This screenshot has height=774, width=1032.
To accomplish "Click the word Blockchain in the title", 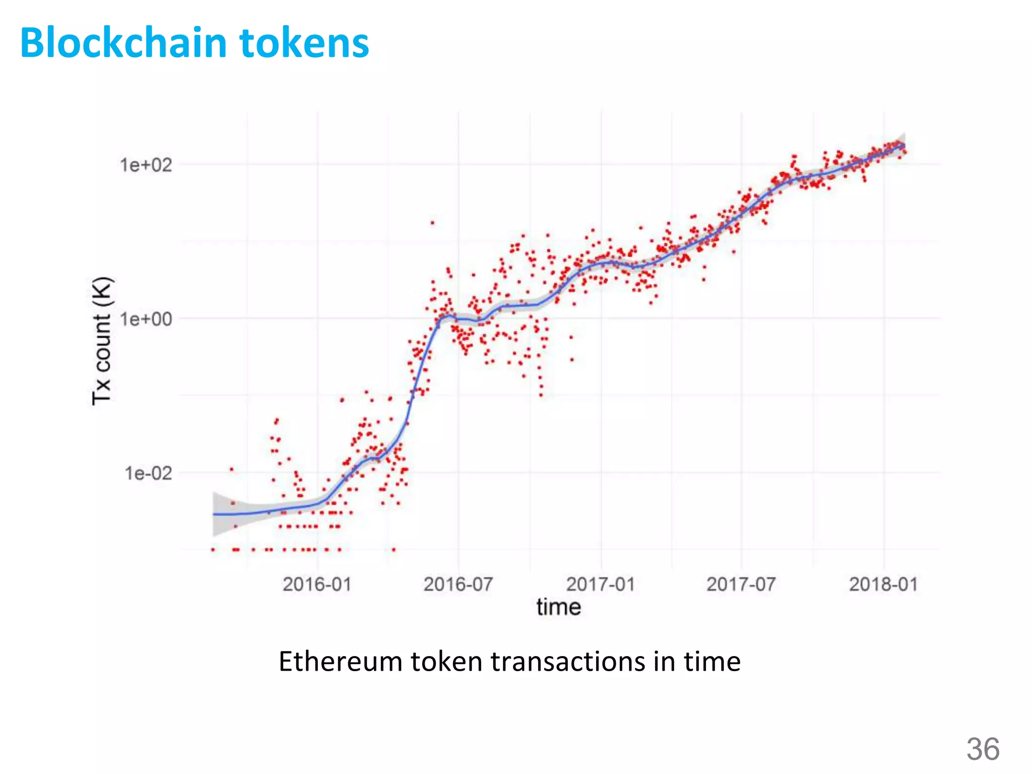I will point(123,43).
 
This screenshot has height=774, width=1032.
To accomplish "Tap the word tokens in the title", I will point(304,43).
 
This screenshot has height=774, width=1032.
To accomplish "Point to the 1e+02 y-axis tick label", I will point(146,165).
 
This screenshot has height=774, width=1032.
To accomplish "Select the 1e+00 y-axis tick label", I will point(146,319).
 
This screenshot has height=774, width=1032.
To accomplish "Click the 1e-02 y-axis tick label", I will point(148,474).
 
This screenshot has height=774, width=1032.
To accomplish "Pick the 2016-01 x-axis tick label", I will point(317,585).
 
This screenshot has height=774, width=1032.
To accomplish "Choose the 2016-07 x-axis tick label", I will point(458,585).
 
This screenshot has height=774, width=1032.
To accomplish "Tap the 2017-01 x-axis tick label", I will point(601,585).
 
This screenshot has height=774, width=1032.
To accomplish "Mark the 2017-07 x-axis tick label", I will point(741,585).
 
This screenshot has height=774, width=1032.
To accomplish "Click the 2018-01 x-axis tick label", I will point(884,585).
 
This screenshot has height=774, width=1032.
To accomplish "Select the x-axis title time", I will point(559,607).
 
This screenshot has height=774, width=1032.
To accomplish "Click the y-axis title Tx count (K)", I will point(102,341).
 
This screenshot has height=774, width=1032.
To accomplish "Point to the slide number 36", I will point(983,749).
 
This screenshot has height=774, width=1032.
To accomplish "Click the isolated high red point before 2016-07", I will point(432,223).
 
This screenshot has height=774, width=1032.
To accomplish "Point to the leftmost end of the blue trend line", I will point(214,514).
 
